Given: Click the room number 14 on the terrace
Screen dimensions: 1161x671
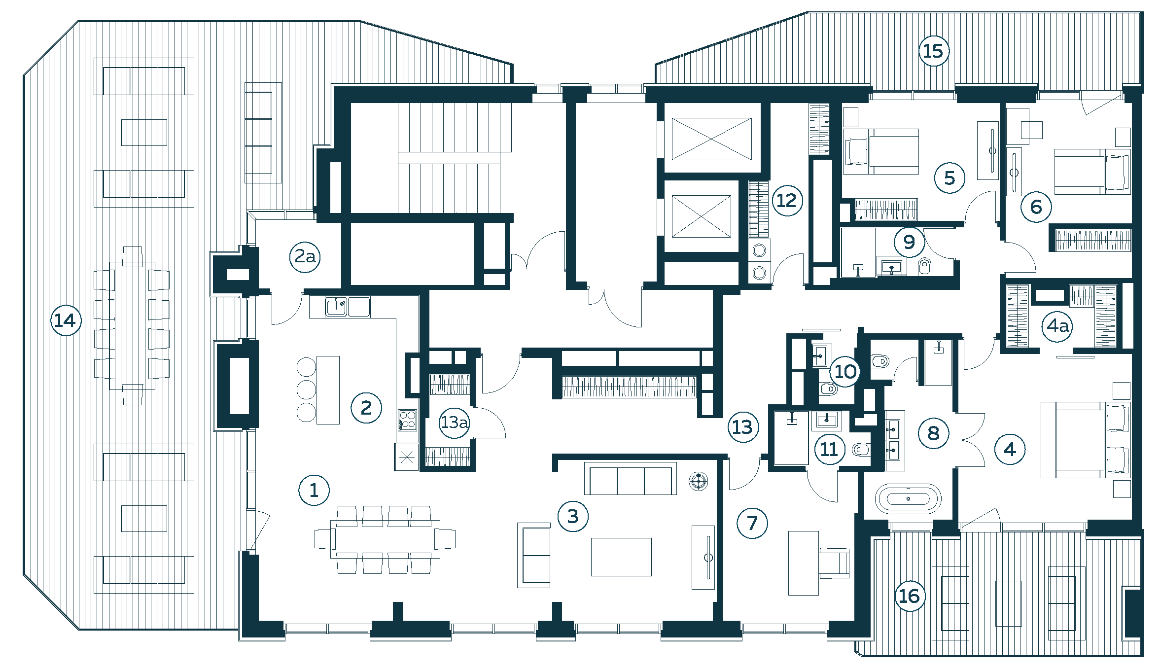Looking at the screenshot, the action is click(66, 321).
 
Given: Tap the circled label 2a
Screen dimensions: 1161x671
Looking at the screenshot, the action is click(305, 257).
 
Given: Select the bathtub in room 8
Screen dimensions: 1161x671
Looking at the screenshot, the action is click(908, 498).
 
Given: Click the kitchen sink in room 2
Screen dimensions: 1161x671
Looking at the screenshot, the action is click(336, 306).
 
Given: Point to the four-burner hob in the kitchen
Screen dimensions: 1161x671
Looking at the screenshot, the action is click(407, 420).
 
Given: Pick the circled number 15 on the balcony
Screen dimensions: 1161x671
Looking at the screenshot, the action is click(934, 51).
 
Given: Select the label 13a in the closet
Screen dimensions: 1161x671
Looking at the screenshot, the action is click(455, 423).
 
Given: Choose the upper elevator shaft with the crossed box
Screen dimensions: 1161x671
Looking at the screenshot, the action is click(711, 139).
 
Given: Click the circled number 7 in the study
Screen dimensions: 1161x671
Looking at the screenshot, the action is click(752, 523).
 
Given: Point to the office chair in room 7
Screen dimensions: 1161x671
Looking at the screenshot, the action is click(834, 563).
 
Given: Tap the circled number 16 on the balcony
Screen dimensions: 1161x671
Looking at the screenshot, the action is click(910, 596).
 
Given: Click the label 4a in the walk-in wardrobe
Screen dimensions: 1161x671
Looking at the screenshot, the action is click(1058, 326).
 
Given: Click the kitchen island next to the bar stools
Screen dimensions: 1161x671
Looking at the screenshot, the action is click(328, 390).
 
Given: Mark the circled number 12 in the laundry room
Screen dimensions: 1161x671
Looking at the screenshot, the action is click(787, 201).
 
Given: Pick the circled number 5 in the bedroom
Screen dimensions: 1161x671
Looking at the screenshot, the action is click(950, 178).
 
